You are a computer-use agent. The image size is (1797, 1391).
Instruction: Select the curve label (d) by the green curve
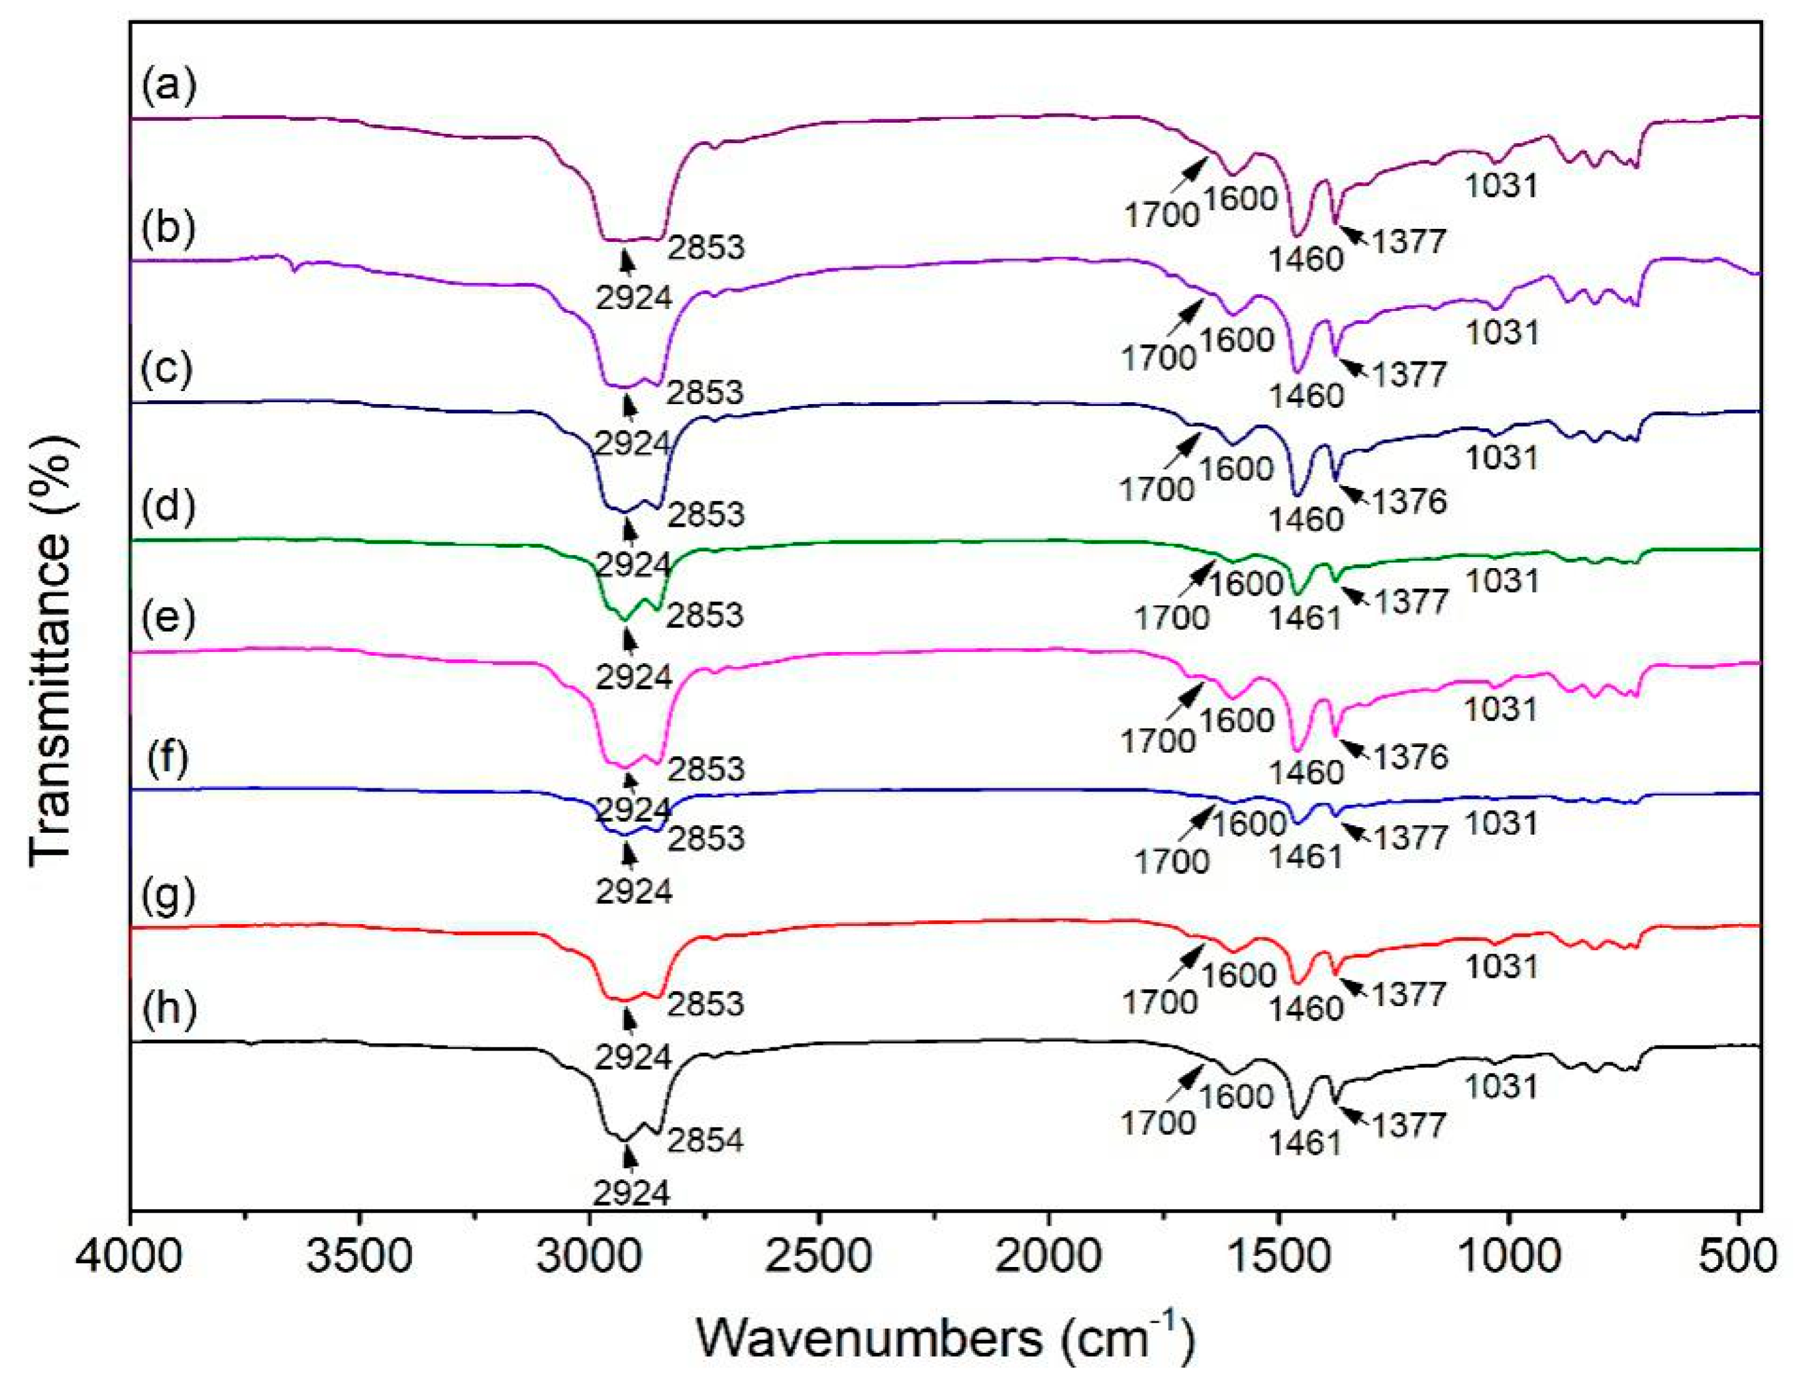tap(169, 507)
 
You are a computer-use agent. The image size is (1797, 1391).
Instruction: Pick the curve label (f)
tap(169, 758)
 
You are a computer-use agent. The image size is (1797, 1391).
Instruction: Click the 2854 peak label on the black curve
tap(705, 1140)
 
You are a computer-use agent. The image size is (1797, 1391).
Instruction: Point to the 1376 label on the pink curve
tap(1408, 756)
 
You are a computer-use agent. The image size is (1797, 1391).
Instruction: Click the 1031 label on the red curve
tap(1502, 965)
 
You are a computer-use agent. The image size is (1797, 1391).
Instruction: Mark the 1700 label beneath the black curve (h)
tap(1159, 1122)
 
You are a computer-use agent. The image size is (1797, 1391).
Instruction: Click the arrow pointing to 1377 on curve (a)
tap(1354, 236)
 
